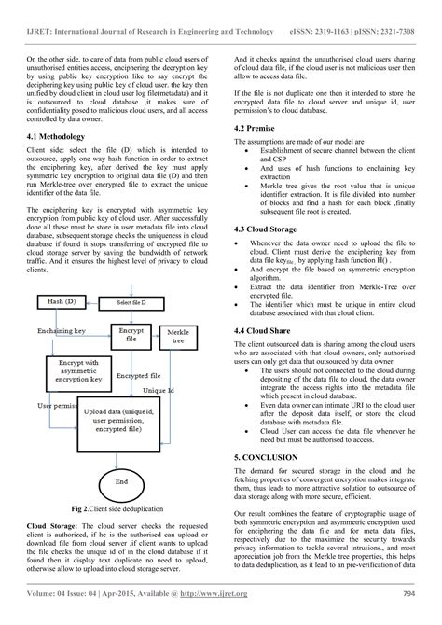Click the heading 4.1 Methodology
(60, 137)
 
